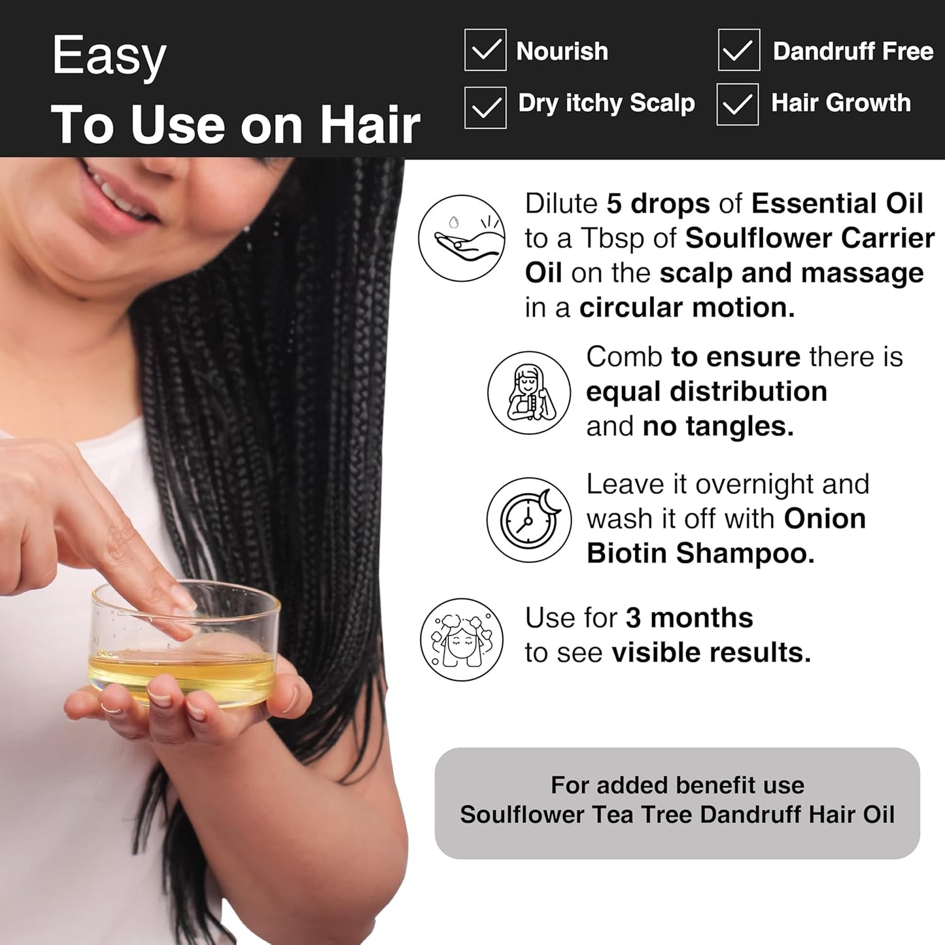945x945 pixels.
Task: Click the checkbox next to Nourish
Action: click(485, 50)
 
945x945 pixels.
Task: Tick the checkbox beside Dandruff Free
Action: click(738, 50)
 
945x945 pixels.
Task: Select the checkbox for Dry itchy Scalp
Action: click(485, 107)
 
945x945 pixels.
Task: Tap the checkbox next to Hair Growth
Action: click(737, 104)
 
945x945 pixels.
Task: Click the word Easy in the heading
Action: click(109, 57)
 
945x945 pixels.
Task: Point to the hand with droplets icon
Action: click(462, 238)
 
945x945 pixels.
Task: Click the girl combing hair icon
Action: click(529, 393)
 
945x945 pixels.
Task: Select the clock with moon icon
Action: click(528, 520)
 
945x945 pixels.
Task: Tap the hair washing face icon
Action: click(462, 639)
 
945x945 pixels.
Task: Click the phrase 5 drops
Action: click(658, 203)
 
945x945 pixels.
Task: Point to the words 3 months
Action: click(689, 617)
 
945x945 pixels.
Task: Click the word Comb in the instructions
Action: click(624, 357)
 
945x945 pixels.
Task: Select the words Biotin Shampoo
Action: click(700, 553)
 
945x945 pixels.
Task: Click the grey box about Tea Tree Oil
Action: click(677, 802)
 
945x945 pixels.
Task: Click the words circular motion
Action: click(687, 307)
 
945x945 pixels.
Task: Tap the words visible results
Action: click(711, 652)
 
